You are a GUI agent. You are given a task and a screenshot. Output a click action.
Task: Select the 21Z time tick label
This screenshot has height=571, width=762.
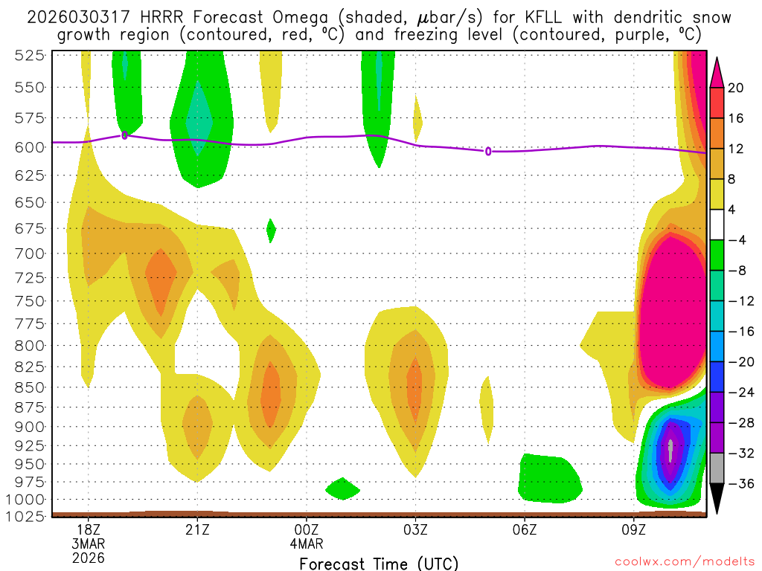point(197,530)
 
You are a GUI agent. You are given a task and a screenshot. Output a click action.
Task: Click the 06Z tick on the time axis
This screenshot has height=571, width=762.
point(525,530)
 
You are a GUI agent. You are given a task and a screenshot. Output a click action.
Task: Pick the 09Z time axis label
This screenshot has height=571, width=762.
point(634,530)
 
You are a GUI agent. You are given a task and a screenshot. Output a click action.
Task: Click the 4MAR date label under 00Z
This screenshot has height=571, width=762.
point(307,543)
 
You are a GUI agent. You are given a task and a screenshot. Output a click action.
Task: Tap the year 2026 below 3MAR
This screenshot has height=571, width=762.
point(89,558)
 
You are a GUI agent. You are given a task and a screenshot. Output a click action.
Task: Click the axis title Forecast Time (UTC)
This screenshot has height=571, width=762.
point(379,564)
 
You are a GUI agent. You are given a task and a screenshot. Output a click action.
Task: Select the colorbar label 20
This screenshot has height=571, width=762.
point(736,88)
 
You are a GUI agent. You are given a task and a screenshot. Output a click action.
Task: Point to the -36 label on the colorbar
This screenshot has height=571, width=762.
point(739,484)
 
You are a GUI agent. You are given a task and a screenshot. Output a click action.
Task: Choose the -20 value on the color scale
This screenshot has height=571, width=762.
point(739,362)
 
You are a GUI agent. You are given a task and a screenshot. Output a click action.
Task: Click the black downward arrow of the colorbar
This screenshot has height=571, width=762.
point(717,498)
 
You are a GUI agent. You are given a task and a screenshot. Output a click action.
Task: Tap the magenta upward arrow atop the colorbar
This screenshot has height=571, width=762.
point(717,71)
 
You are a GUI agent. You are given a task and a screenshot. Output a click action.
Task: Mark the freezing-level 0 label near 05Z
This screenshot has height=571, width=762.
point(488,152)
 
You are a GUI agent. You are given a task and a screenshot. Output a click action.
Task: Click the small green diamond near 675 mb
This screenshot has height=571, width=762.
point(271,230)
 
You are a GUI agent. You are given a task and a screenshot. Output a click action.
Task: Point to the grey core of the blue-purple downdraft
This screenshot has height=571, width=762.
point(670,450)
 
